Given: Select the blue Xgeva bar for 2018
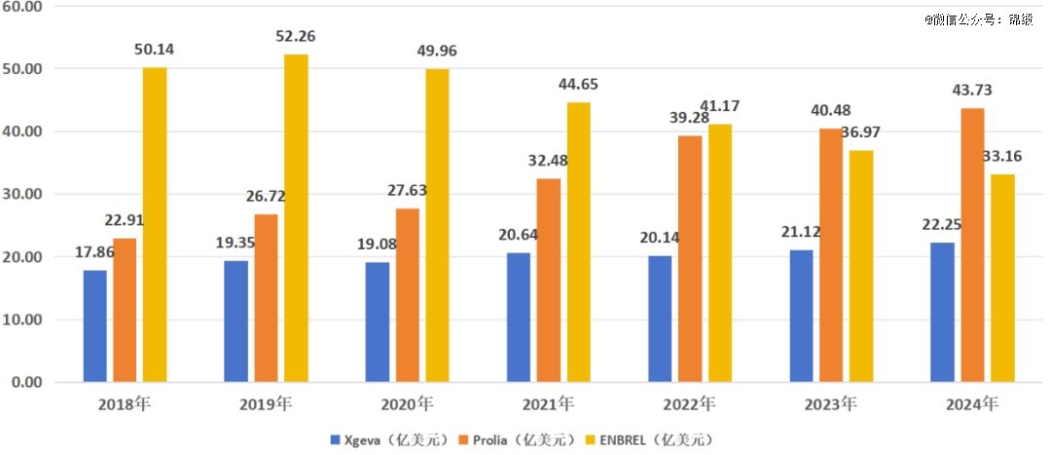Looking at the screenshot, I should pos(94,325).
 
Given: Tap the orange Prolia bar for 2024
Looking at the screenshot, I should pos(972,245).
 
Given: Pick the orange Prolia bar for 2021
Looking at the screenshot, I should pos(548,280).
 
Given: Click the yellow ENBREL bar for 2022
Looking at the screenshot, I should pos(720,252).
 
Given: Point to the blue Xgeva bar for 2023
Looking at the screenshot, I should pos(802,316).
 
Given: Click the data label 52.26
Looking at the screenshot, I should pos(296,37).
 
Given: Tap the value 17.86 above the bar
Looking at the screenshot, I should pos(95,252).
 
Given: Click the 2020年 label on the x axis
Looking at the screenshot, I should pos(408,402).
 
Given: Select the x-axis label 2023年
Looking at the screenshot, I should pos(831,402).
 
